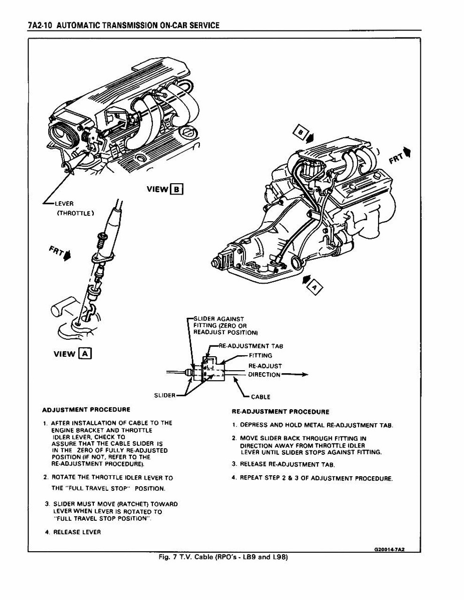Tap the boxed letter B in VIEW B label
tap(176, 189)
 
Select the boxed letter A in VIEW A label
tap(85, 353)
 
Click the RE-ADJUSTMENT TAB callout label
tap(251, 346)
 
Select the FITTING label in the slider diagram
tap(260, 356)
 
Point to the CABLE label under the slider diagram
tap(260, 397)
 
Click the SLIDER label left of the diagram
tap(165, 395)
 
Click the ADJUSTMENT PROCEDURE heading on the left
tap(86, 410)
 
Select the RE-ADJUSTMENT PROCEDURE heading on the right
tap(281, 412)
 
